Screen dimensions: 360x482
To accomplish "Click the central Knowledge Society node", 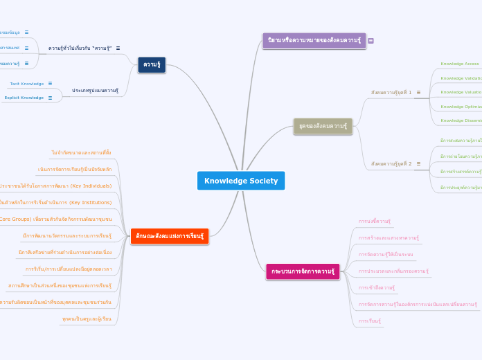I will (x=240, y=181).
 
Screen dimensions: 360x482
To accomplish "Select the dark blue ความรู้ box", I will (x=152, y=65).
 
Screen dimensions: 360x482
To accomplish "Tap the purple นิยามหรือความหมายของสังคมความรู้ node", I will (x=314, y=40).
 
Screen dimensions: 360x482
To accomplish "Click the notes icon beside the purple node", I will (x=371, y=41).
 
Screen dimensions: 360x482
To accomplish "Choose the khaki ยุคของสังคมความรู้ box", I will (x=323, y=126).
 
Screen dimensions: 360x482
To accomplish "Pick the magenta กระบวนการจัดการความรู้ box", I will (x=303, y=271).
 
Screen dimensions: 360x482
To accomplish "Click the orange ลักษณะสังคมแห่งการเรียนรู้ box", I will (x=169, y=236).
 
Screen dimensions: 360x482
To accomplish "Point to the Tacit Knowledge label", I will (x=27, y=84).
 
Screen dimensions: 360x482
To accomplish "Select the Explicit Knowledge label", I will (x=24, y=98).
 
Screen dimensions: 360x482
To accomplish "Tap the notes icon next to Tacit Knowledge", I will (x=50, y=84).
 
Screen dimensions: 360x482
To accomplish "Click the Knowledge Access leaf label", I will (x=460, y=64).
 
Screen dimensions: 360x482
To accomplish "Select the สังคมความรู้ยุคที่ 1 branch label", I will (x=391, y=92).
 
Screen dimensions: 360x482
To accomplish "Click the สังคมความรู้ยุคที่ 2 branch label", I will (x=391, y=164).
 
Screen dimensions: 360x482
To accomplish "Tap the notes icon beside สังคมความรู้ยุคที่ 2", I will (x=418, y=164).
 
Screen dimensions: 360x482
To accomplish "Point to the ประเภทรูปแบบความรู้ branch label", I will (x=95, y=90).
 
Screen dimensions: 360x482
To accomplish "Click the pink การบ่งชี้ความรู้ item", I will (x=375, y=221).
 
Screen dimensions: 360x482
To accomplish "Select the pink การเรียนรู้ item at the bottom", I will (x=370, y=321).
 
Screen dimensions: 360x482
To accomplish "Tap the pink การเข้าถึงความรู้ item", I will (x=377, y=287).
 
